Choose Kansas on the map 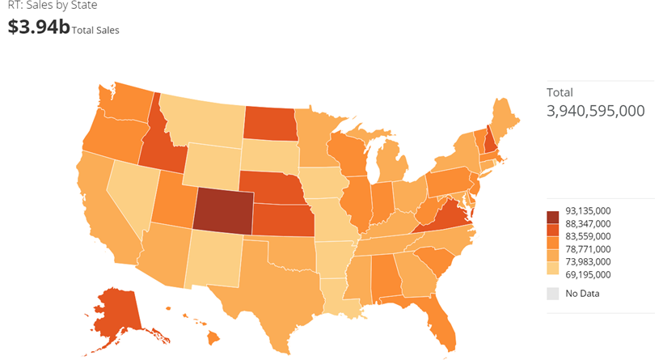[283, 218]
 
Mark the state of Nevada [129, 190]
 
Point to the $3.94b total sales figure [38, 27]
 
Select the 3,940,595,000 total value [595, 110]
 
